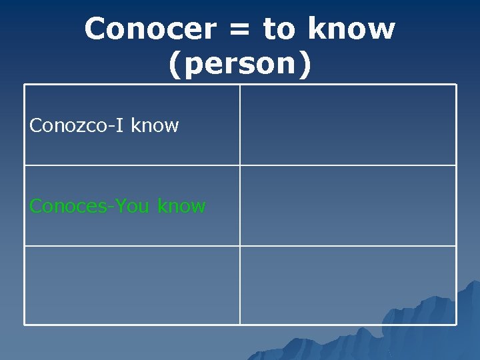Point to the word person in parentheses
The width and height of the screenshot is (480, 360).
tap(239, 65)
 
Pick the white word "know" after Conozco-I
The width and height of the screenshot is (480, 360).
tap(155, 125)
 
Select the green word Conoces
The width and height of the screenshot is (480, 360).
tap(69, 207)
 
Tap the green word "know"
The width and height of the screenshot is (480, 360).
tap(181, 207)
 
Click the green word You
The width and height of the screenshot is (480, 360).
tap(132, 207)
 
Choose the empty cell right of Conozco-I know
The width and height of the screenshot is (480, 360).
tap(348, 125)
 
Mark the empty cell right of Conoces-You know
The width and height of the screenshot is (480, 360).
tap(348, 205)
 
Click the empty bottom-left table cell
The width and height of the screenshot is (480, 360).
tap(132, 285)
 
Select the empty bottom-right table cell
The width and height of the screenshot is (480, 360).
tap(348, 285)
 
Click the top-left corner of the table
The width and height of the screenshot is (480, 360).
tap(25, 85)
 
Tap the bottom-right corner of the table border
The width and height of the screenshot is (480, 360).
tap(456, 325)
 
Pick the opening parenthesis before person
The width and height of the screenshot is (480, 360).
tap(175, 65)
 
